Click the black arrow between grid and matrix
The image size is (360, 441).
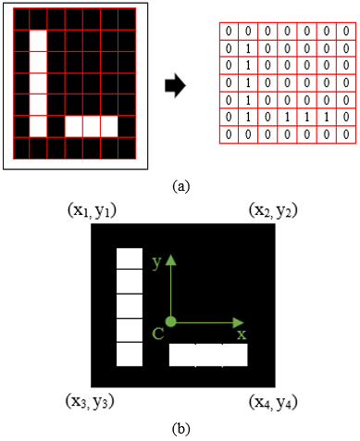pos(174,86)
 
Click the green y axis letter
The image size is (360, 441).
pos(158,263)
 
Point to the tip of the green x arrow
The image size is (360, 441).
pos(247,323)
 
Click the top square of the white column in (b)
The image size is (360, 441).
pos(130,259)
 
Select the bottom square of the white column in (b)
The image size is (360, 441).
pos(130,353)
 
